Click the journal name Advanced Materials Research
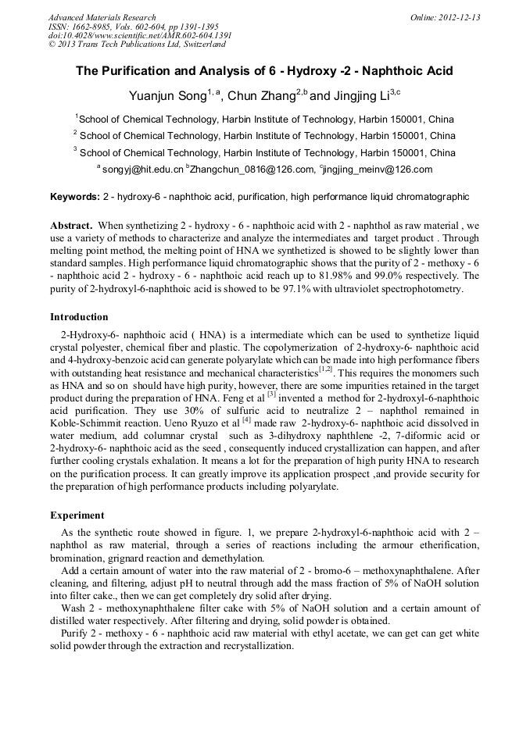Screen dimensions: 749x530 point(102,17)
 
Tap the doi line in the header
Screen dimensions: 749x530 point(140,36)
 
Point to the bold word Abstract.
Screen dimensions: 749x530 point(71,225)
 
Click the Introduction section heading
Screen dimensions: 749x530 point(79,317)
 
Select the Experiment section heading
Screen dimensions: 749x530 point(77,515)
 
